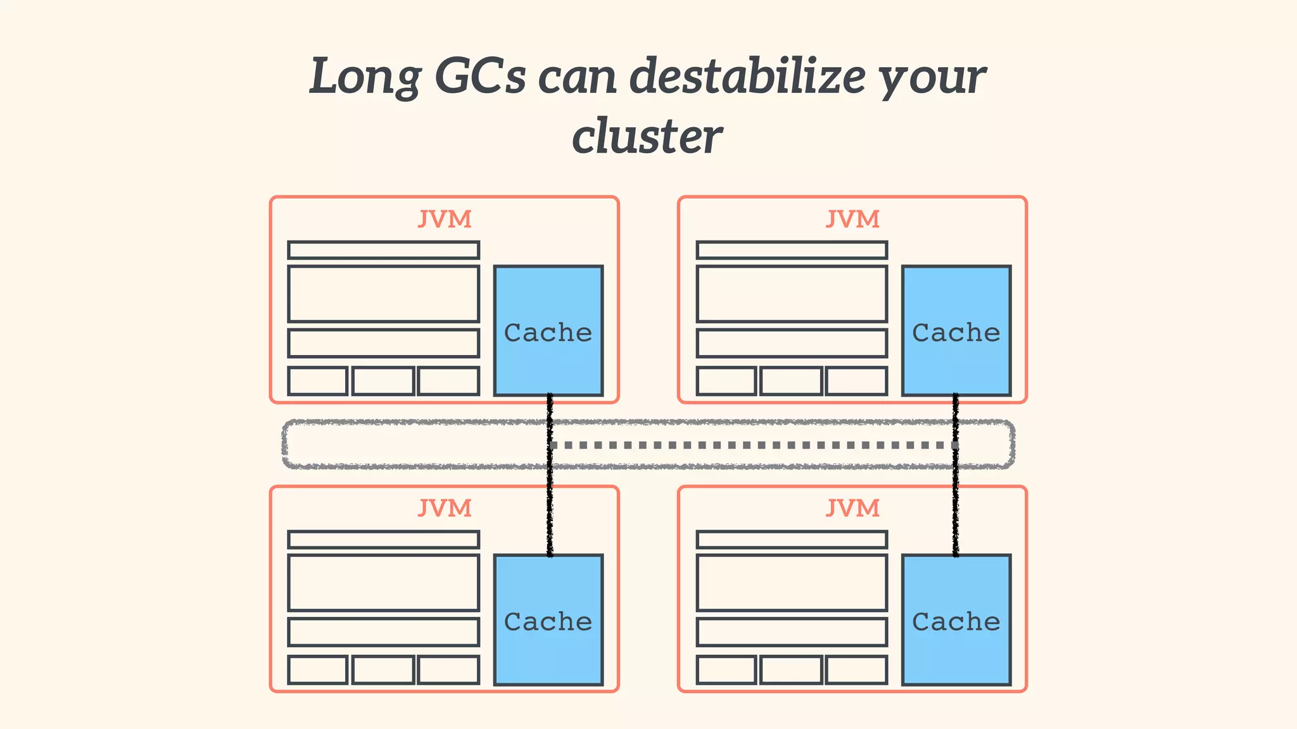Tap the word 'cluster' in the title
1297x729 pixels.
pyautogui.click(x=647, y=135)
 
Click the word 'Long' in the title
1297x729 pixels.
pyautogui.click(x=365, y=77)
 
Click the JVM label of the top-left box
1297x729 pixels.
pyautogui.click(x=445, y=219)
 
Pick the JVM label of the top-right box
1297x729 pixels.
pyautogui.click(x=852, y=219)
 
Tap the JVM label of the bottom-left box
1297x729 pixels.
pyautogui.click(x=445, y=508)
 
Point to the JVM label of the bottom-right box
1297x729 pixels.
pyautogui.click(x=852, y=508)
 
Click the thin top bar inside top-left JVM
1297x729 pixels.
pyautogui.click(x=383, y=250)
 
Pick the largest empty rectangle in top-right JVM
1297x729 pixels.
pyautogui.click(x=792, y=294)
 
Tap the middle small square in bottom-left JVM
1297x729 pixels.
pyautogui.click(x=383, y=670)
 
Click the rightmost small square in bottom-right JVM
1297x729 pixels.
pyautogui.click(x=856, y=670)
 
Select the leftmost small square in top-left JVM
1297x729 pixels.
pyautogui.click(x=318, y=380)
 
